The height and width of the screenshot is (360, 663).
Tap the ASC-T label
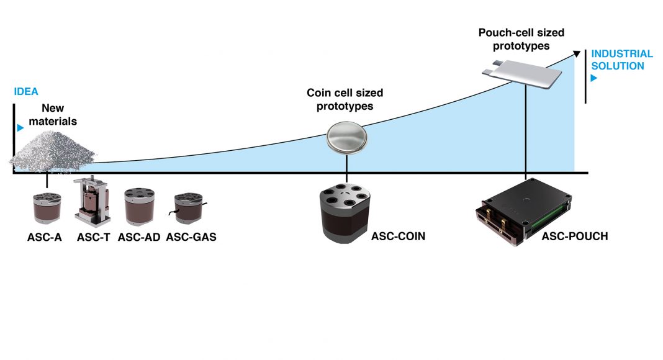coord(94,236)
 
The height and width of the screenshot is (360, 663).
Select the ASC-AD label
coord(139,236)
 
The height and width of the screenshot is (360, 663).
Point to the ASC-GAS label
coord(191,236)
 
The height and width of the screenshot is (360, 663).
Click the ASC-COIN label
coord(399,236)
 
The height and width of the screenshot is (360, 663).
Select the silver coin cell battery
coord(348,136)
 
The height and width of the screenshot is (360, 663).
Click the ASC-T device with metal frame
coord(92,202)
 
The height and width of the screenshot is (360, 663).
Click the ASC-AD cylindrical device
coord(139,207)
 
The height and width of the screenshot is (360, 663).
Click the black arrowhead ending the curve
coord(577,55)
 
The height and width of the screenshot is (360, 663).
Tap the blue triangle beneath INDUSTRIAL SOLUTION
coord(594,78)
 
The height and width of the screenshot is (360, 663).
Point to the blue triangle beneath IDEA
coord(21,128)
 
